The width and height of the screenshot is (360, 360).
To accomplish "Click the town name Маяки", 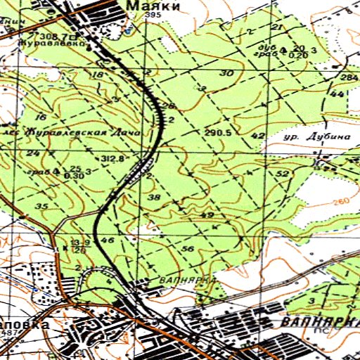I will coord(154,6).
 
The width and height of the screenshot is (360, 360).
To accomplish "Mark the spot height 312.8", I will coord(112,160).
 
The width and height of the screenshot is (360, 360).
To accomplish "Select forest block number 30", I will coord(226,73).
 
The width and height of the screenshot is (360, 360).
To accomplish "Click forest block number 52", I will coord(283,173).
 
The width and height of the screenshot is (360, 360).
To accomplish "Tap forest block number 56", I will coord(188,250).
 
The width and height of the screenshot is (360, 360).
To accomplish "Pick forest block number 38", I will coord(154,198).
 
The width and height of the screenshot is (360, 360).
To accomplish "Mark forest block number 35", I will coord(41,206).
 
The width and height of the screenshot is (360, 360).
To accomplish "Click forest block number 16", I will coord(40,117).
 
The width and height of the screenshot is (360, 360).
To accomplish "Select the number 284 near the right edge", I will coord(349,77).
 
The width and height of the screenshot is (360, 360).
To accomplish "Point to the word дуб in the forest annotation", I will coord(266,46).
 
